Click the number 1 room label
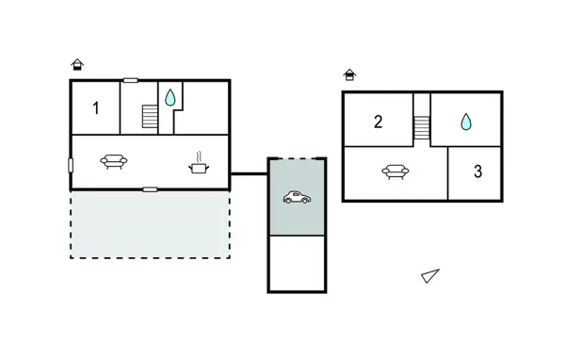95,107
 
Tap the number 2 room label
378,121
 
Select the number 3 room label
478,172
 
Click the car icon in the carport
298,197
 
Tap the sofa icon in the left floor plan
114,162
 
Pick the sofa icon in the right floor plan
394,172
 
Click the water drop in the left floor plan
170,97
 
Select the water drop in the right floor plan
465,122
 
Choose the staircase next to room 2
421,125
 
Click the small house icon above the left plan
77,65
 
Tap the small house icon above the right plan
350,74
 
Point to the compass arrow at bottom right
429,275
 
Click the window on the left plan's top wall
131,81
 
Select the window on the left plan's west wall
71,165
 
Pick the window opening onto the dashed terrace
150,189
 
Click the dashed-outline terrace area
151,224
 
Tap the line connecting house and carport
250,172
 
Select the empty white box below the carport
298,263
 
